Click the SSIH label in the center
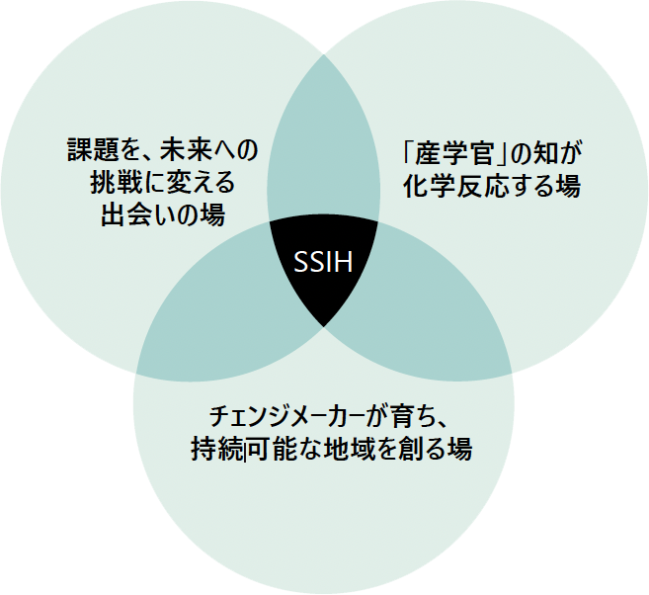(324, 263)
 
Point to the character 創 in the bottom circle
(403, 450)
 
